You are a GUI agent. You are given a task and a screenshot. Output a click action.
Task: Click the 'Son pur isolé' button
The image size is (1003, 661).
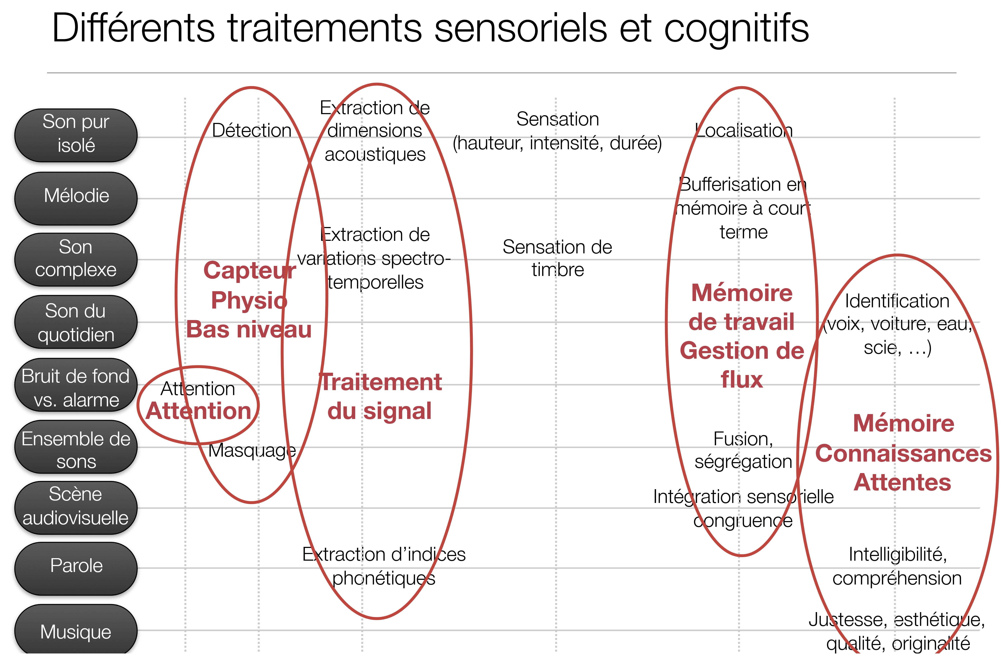click(x=76, y=135)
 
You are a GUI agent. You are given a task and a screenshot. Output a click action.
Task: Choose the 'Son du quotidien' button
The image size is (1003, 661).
click(x=76, y=323)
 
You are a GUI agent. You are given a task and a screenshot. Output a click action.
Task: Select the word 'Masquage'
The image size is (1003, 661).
click(x=252, y=450)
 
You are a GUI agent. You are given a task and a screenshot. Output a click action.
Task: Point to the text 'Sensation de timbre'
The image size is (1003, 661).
click(x=557, y=258)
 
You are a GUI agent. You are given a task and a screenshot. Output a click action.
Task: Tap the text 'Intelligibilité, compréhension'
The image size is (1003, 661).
click(x=897, y=566)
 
